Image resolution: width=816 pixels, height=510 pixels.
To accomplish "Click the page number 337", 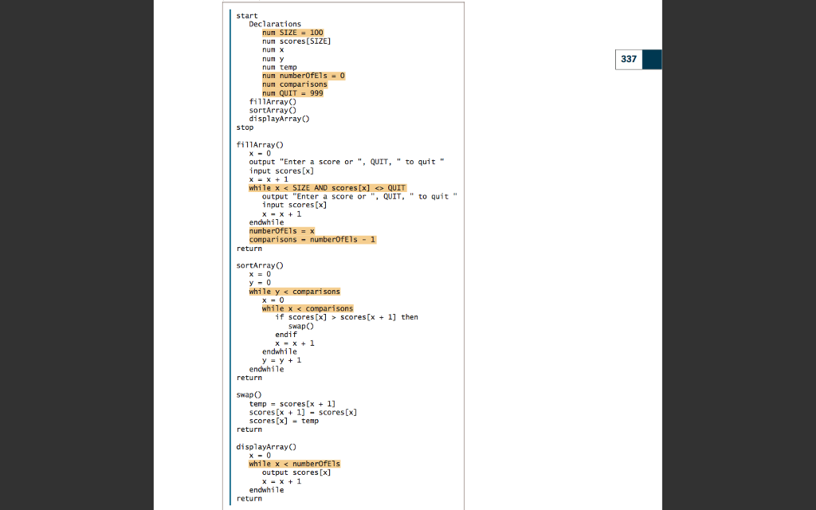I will tap(629, 59).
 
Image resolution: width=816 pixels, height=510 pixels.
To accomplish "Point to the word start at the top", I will tap(246, 15).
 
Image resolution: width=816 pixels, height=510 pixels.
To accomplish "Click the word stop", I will tap(245, 127).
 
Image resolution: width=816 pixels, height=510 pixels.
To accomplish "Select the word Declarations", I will tap(275, 24).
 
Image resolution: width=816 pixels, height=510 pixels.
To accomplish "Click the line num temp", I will tap(279, 67).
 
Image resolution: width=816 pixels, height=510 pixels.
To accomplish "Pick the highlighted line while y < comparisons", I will tap(294, 292).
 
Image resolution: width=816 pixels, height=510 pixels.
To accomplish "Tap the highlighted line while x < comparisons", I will tap(307, 308).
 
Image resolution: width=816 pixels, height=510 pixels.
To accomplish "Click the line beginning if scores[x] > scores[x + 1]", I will tap(346, 317).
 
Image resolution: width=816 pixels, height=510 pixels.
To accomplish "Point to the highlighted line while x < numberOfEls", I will tap(294, 464).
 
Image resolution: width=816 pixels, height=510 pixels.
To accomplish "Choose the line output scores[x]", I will tap(296, 473).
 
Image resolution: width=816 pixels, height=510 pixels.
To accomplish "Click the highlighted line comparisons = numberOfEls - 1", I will tap(312, 240).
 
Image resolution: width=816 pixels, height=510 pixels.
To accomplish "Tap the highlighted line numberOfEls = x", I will tap(281, 231).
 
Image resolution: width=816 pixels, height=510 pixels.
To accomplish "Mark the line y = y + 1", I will tap(281, 360).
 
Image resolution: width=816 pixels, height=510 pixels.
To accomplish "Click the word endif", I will tap(285, 335).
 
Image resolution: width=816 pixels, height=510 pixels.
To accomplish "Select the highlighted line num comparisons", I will tap(294, 84).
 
